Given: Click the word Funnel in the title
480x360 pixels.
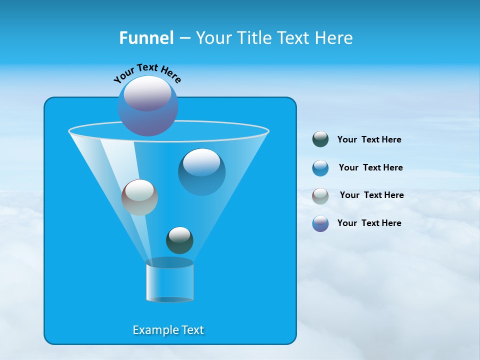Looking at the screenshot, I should [146, 38].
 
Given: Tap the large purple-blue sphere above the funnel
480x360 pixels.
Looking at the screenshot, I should [148, 106].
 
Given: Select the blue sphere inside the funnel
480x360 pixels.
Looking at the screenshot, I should [202, 172].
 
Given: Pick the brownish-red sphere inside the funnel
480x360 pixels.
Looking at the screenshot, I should [139, 197].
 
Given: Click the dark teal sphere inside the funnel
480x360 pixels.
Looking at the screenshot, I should [179, 240].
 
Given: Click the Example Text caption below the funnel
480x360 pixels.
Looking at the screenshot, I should [168, 330].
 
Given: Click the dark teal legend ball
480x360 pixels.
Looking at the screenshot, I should [320, 139].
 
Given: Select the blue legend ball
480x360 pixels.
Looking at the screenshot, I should [320, 168].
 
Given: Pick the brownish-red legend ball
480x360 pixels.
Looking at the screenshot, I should [320, 195].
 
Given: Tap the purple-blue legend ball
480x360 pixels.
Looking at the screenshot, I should [320, 223].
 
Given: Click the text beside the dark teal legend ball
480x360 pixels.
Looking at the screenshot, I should [369, 139].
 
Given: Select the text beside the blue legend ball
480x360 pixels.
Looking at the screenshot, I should [370, 167].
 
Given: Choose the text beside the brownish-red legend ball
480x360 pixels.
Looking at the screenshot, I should [371, 195].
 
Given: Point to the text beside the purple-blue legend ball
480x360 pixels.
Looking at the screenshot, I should [369, 223].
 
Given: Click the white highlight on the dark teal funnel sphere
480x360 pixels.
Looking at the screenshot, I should [179, 234].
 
